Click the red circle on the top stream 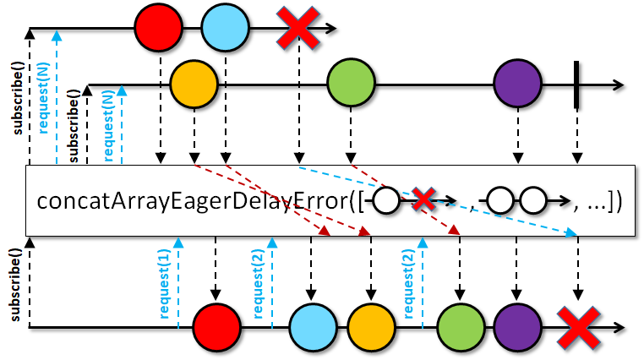tap(159, 28)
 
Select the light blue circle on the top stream tap(225, 28)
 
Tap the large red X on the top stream tap(298, 28)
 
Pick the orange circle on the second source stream tap(194, 85)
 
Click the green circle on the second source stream tap(352, 84)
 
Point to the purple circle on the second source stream tap(517, 84)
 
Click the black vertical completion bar tap(576, 85)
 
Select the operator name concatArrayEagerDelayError tap(193, 201)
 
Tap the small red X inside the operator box tap(423, 200)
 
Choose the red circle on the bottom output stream tap(216, 328)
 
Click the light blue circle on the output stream tap(313, 328)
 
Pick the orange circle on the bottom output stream tap(371, 328)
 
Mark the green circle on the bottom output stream tap(461, 328)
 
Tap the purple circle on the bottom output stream tap(517, 328)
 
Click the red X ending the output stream tap(578, 328)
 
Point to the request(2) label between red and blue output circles tap(258, 285)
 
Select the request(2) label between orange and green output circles tap(408, 285)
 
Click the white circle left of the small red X tap(386, 201)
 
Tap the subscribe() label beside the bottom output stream tap(14, 285)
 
